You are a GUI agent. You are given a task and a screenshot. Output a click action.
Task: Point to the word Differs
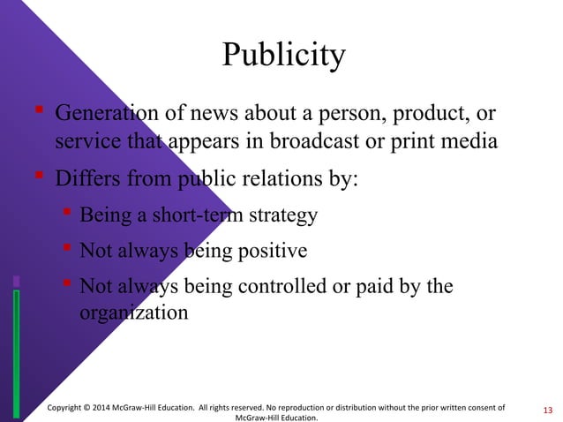[x=86, y=179]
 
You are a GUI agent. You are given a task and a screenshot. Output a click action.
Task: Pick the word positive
[x=266, y=252]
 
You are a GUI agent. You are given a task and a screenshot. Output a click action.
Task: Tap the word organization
[x=133, y=312]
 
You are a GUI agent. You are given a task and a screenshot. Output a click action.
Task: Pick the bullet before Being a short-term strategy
[x=66, y=213]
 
